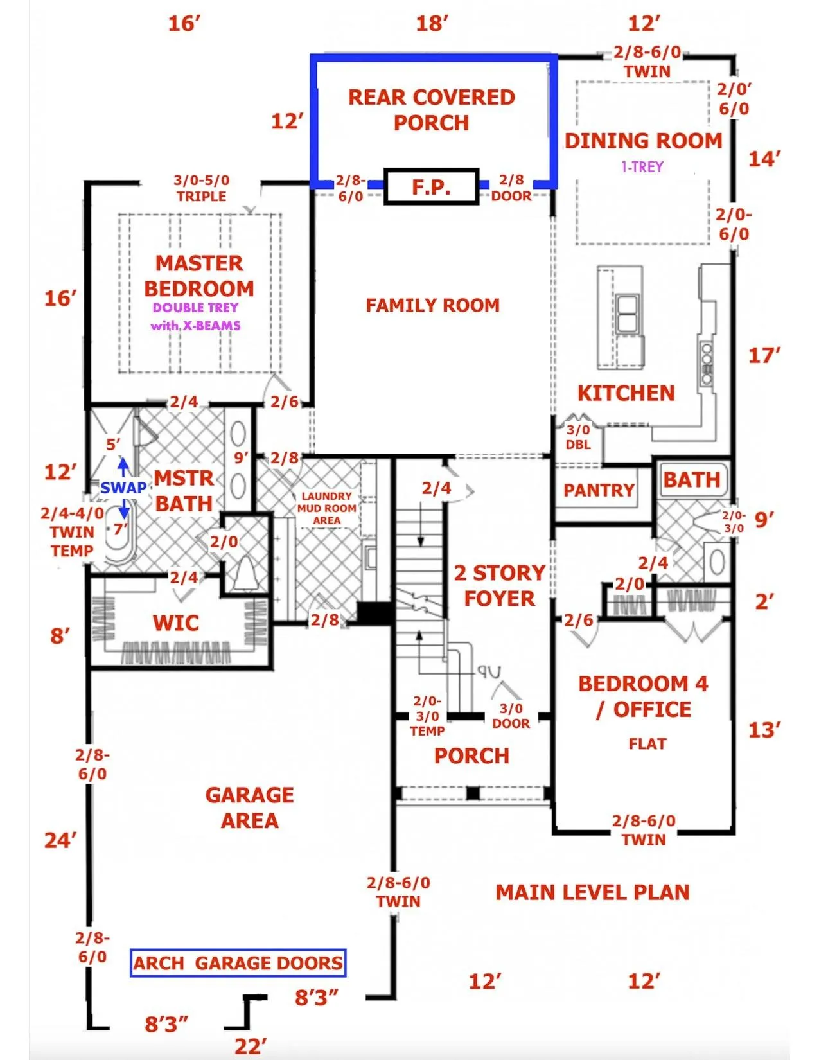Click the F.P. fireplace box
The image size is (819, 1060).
431,186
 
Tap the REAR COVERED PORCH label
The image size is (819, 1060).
431,110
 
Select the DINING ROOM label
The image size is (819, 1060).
644,141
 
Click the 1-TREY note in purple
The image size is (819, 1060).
642,167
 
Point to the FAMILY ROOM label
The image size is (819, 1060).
433,305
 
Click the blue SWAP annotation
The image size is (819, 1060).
123,488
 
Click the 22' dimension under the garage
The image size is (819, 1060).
251,1047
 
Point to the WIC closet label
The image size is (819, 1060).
176,623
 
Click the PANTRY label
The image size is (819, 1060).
599,490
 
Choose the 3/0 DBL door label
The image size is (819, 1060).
578,437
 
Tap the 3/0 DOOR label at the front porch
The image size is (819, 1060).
511,716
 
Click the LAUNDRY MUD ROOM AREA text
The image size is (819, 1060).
327,508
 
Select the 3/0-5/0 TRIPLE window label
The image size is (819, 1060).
202,188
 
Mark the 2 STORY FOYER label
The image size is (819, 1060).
500,586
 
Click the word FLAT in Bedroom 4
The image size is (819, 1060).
647,744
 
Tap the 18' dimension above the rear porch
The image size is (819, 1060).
432,23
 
